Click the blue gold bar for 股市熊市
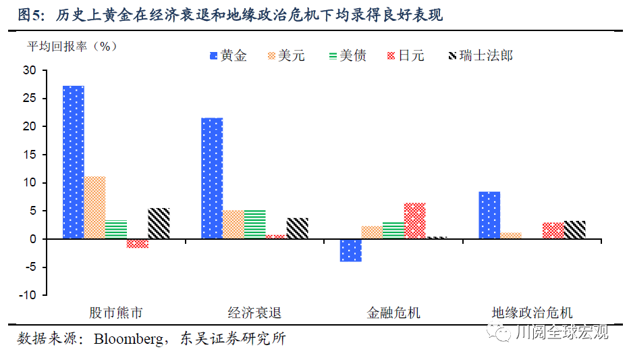(74, 162)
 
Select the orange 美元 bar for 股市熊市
(94, 207)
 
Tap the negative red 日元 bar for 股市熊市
(137, 244)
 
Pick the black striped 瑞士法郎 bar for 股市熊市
(159, 224)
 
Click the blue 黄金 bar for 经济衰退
(212, 178)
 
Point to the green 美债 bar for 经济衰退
(254, 225)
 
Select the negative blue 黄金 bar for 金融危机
(350, 250)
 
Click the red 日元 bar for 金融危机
(414, 221)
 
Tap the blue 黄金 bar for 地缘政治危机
(489, 215)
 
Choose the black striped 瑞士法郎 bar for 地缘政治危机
(574, 230)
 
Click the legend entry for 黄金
(227, 55)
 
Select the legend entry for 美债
(346, 55)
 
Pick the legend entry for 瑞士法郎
(480, 55)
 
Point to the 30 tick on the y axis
(30, 70)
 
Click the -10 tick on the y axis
(28, 295)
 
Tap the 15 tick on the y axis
(30, 155)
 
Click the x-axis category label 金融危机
(393, 313)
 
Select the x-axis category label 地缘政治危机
(532, 313)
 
